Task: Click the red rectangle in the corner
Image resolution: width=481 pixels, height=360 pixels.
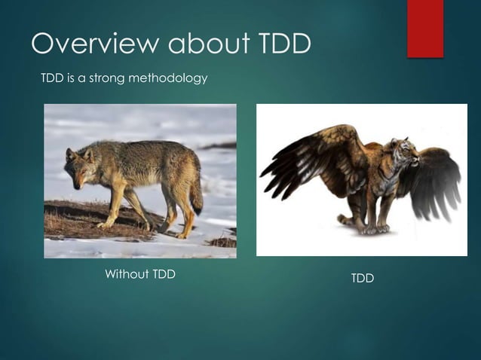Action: (425, 28)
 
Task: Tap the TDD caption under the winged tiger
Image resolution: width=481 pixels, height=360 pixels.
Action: (362, 279)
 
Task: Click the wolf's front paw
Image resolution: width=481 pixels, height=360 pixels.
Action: (105, 224)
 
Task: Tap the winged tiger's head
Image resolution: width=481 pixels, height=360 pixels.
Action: (406, 154)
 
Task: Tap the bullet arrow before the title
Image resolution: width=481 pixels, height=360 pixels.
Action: (17, 45)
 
